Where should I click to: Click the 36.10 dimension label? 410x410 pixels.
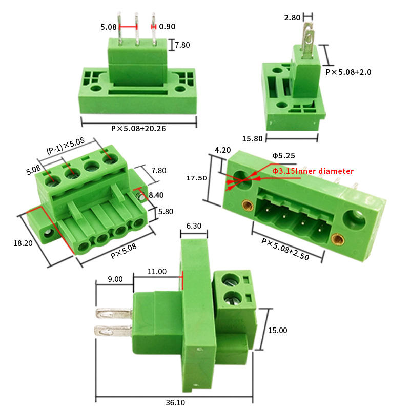tap(175, 402)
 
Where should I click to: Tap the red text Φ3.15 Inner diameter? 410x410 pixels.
tap(313, 171)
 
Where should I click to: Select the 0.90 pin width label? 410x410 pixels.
tap(167, 27)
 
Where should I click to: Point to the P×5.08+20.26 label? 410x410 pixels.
tap(138, 129)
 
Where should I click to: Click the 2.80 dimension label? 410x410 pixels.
tap(292, 18)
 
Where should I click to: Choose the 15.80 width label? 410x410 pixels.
tap(252, 138)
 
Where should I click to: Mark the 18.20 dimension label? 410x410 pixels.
tap(23, 243)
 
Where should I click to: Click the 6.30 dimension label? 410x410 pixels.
tap(194, 225)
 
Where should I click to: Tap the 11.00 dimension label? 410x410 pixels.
tap(157, 272)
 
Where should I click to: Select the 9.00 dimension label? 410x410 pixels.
tap(115, 279)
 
